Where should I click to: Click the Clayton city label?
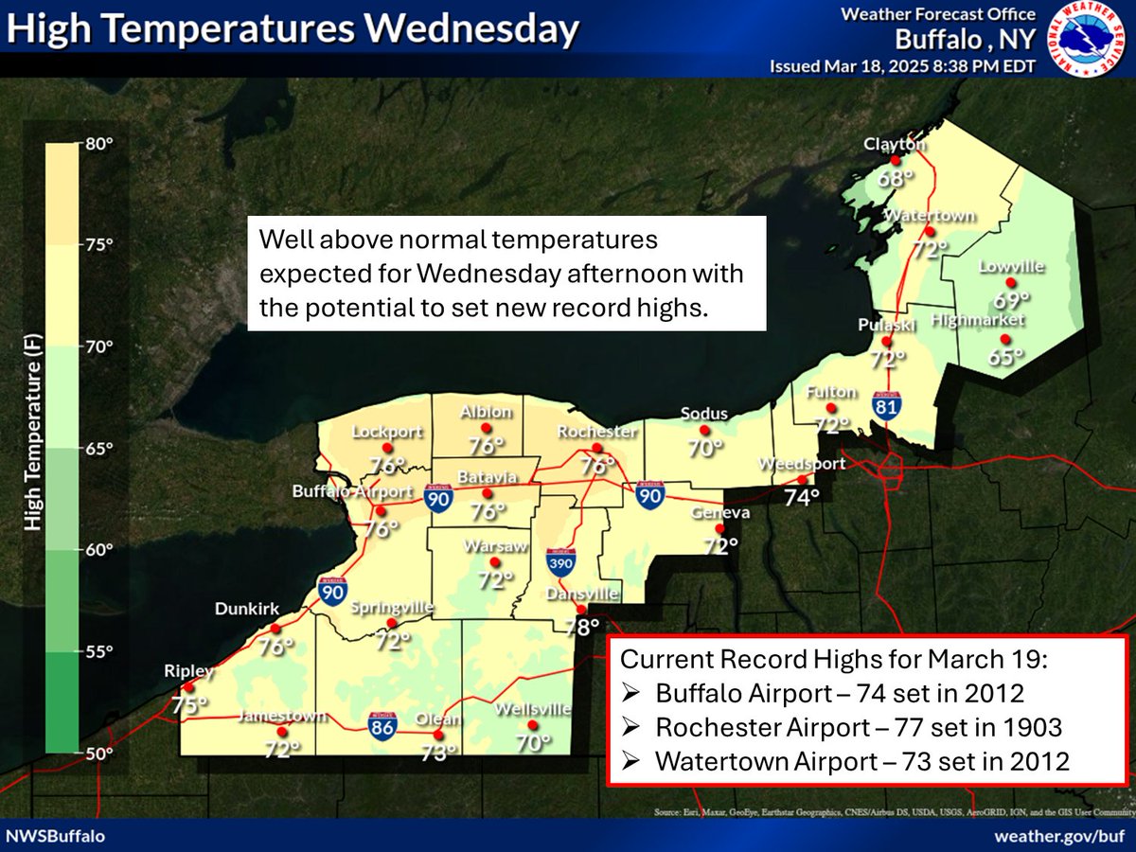[x=893, y=145]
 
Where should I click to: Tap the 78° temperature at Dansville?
[x=582, y=627]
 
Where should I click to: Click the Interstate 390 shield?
[x=560, y=562]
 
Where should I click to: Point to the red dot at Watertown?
[x=931, y=231]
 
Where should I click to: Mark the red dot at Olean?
[x=437, y=735]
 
